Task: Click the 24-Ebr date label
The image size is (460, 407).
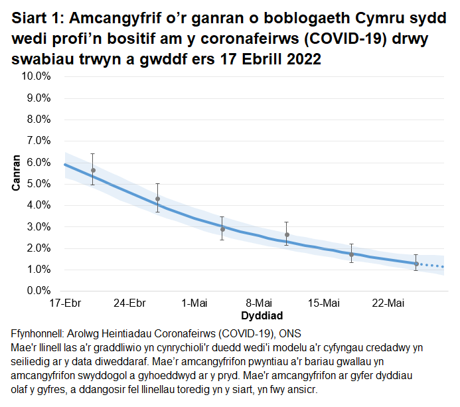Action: point(129,303)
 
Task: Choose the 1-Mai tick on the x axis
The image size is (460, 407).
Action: point(194,303)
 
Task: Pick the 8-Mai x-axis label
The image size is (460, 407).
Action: point(259,303)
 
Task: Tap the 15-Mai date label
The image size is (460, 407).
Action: point(323,303)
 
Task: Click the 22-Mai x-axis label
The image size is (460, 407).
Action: point(388,303)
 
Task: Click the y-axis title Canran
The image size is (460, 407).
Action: point(16,174)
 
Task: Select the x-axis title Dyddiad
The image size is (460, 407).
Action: point(253,315)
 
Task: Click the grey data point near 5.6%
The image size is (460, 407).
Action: point(93,171)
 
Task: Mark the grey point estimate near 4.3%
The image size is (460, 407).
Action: point(157,199)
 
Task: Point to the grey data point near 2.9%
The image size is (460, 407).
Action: point(222,229)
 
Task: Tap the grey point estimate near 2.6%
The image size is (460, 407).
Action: point(287,235)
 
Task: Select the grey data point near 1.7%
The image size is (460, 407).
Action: point(351,254)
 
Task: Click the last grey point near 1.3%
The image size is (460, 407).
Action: point(416,264)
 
